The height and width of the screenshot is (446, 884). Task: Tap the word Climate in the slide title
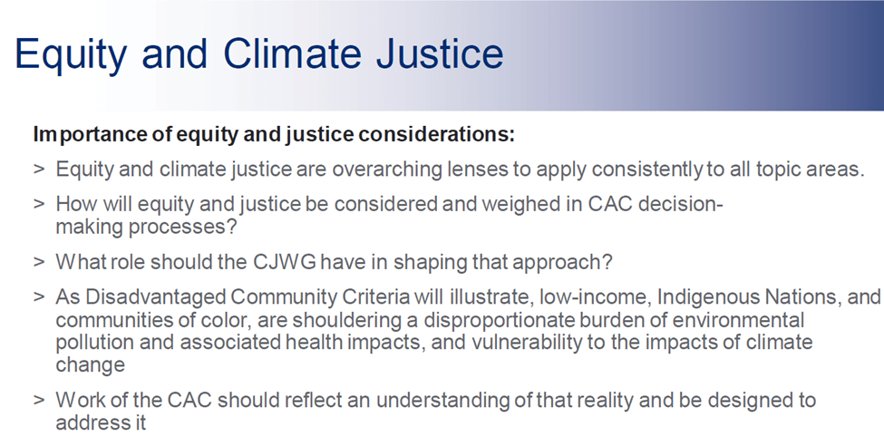click(292, 53)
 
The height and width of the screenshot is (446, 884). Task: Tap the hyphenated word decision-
click(681, 204)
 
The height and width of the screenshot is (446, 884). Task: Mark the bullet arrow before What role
click(39, 262)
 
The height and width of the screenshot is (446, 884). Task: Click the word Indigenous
click(708, 296)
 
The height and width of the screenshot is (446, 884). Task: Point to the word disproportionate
click(500, 320)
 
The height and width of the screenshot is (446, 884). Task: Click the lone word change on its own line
click(90, 365)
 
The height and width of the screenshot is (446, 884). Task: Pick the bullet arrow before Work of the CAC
click(39, 400)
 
